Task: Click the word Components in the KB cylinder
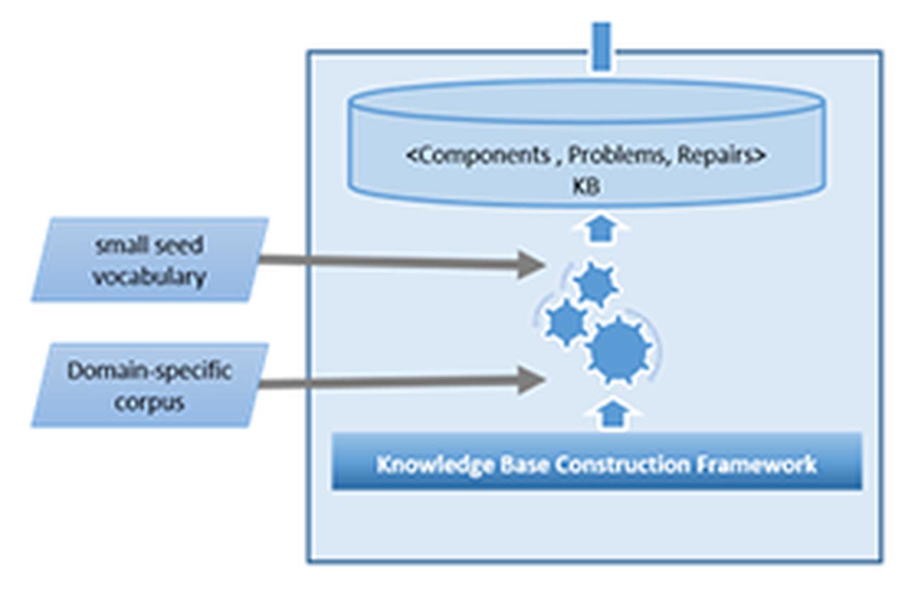click(477, 156)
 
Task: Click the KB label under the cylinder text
click(586, 186)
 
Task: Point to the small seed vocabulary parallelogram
click(150, 260)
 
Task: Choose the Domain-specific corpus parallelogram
click(150, 386)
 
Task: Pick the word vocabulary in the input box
click(150, 276)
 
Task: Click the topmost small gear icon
click(596, 284)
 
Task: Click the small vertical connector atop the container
click(602, 47)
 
